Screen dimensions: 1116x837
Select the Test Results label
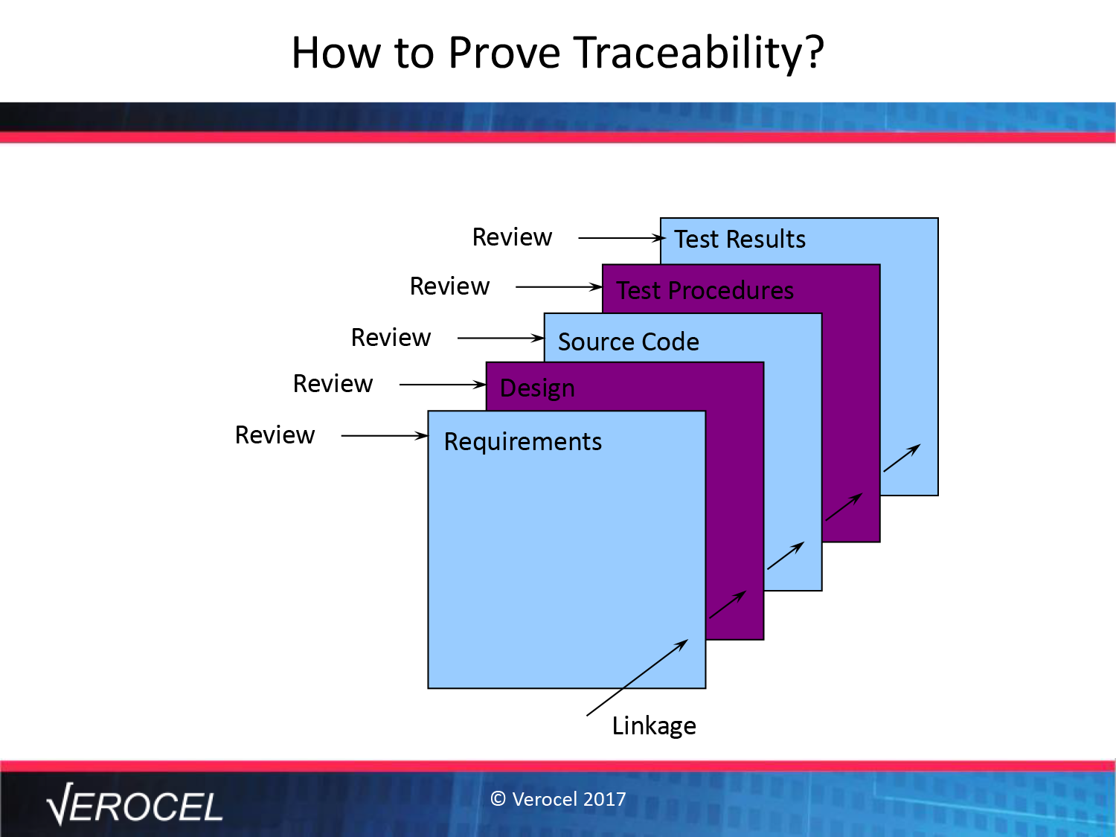coord(740,240)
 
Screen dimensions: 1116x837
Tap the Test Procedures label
coord(705,290)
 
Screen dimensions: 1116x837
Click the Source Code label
coord(629,341)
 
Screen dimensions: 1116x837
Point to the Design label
coord(537,389)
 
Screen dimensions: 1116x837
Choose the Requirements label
coord(523,442)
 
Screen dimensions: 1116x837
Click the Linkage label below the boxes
coord(654,726)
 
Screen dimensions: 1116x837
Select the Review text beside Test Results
coord(512,237)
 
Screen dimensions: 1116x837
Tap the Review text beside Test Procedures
coord(449,286)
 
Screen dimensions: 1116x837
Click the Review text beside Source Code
coord(391,338)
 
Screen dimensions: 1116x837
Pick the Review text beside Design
coord(333,384)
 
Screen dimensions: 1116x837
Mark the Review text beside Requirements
coord(275,435)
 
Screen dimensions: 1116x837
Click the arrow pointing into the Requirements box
coord(385,435)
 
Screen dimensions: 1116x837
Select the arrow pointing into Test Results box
coord(622,238)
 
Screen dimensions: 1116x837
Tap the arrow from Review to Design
coord(443,385)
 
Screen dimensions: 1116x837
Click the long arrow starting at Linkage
coord(637,678)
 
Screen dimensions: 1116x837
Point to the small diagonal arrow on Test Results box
coord(902,458)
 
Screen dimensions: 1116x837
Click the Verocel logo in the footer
coord(134,804)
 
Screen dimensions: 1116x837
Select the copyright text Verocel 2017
coord(558,799)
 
